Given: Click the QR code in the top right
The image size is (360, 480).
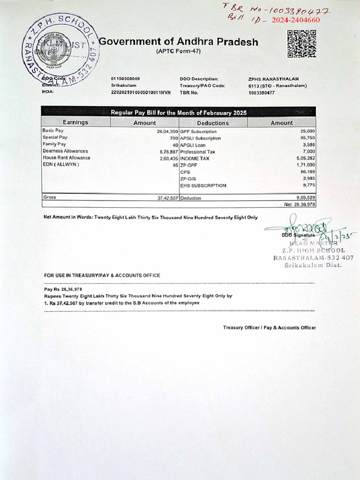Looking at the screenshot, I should click(x=301, y=44).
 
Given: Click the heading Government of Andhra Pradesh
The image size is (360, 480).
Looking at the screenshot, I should click(x=179, y=42).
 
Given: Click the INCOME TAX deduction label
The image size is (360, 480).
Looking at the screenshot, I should click(x=195, y=158).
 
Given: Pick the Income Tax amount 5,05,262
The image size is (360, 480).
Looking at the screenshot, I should click(x=306, y=158).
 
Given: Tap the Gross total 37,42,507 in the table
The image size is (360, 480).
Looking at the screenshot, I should click(x=167, y=198).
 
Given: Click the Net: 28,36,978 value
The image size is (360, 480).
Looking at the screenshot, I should click(x=300, y=204).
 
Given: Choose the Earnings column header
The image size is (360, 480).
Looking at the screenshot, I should click(x=75, y=122).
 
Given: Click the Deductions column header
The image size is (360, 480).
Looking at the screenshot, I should click(x=213, y=123).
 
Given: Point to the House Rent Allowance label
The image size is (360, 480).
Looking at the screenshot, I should click(x=66, y=158).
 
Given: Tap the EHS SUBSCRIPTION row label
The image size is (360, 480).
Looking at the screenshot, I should click(x=203, y=186).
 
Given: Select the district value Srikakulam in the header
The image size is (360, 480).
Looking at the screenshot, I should click(x=124, y=86).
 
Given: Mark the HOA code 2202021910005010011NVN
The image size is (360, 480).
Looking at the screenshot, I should click(x=141, y=93).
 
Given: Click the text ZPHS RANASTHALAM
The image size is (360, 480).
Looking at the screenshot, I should click(x=273, y=79).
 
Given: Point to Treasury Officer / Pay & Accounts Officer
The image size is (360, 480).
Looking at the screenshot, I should click(x=269, y=328).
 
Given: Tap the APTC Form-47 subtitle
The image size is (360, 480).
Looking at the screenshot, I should click(x=178, y=51).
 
